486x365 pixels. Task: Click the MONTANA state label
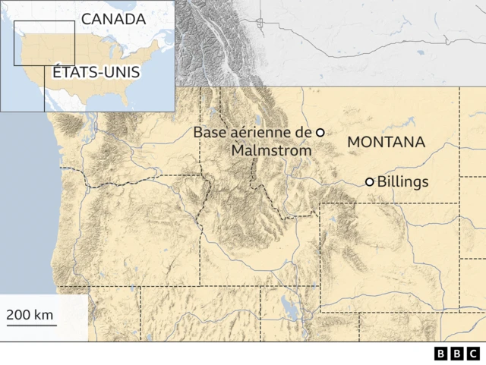click(386, 143)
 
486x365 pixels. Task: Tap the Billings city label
click(402, 182)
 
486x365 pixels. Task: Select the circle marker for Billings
click(370, 182)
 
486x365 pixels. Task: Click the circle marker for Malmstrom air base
click(320, 132)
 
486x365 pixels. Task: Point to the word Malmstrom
click(271, 150)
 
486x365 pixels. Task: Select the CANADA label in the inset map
click(113, 18)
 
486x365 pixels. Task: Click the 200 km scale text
click(31, 314)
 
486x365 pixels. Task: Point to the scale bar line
click(31, 325)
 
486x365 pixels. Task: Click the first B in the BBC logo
click(441, 354)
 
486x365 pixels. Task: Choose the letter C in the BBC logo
click(473, 354)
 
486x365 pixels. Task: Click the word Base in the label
click(209, 132)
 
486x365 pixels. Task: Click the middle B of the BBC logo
click(457, 354)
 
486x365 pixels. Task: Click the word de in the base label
click(303, 132)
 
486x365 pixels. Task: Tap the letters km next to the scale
click(45, 314)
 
